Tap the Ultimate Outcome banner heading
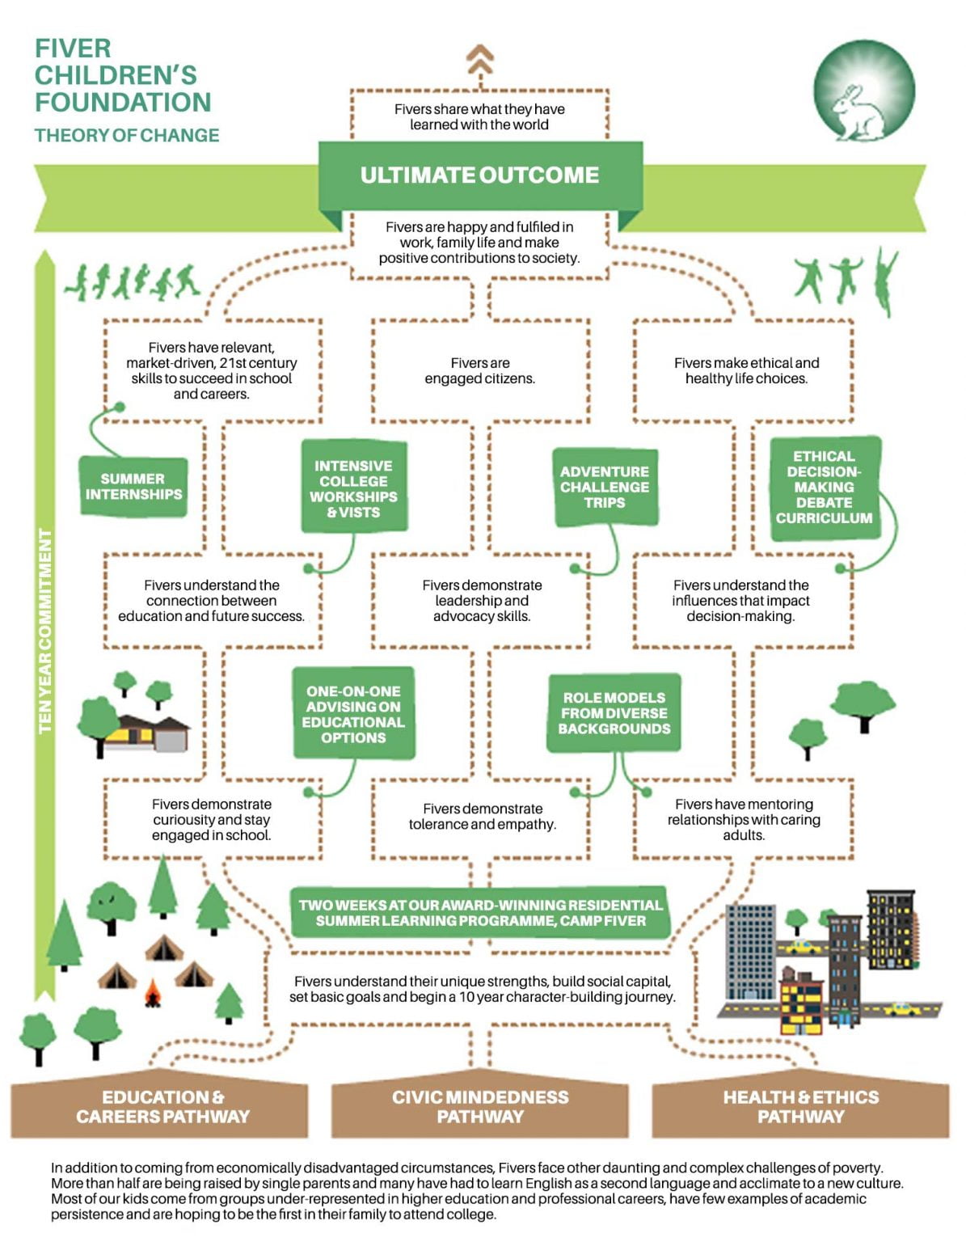(x=479, y=175)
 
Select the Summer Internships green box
(x=133, y=487)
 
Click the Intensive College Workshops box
(x=353, y=488)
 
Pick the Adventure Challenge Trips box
(x=605, y=487)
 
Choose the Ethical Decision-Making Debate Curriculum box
(x=824, y=488)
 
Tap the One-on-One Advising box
(x=353, y=714)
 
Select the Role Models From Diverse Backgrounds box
(x=614, y=713)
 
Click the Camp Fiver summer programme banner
(x=480, y=913)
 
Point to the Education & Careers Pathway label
(x=162, y=1106)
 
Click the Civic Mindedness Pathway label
(x=480, y=1106)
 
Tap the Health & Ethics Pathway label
(x=800, y=1106)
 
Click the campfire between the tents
(x=152, y=994)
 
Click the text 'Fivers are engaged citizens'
(x=480, y=370)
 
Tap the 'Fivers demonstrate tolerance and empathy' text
(x=482, y=816)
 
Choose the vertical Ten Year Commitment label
(x=45, y=631)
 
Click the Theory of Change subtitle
(x=127, y=135)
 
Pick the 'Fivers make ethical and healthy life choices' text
(x=746, y=370)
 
